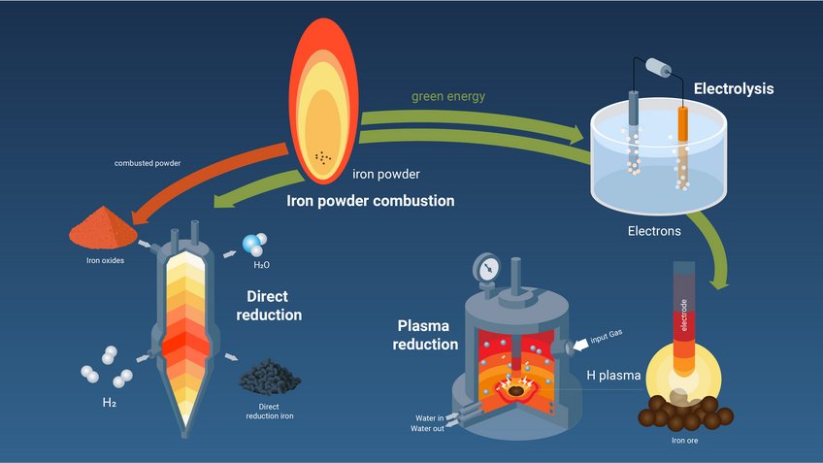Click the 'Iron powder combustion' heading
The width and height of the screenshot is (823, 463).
pyautogui.click(x=371, y=202)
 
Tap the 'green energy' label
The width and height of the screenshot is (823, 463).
pyautogui.click(x=447, y=96)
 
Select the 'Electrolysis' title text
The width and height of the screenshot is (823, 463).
pyautogui.click(x=733, y=90)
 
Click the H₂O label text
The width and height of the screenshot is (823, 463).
pyautogui.click(x=261, y=263)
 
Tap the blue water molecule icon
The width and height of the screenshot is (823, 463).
pyautogui.click(x=255, y=245)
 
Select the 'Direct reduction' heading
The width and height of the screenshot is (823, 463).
pyautogui.click(x=270, y=306)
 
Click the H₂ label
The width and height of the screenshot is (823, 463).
pyautogui.click(x=109, y=401)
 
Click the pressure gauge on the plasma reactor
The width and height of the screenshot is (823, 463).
pyautogui.click(x=490, y=266)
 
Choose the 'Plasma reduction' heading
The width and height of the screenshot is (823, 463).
pyautogui.click(x=427, y=335)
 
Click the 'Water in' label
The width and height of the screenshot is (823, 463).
pyautogui.click(x=427, y=418)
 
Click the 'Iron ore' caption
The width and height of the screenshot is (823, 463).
pyautogui.click(x=685, y=441)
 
